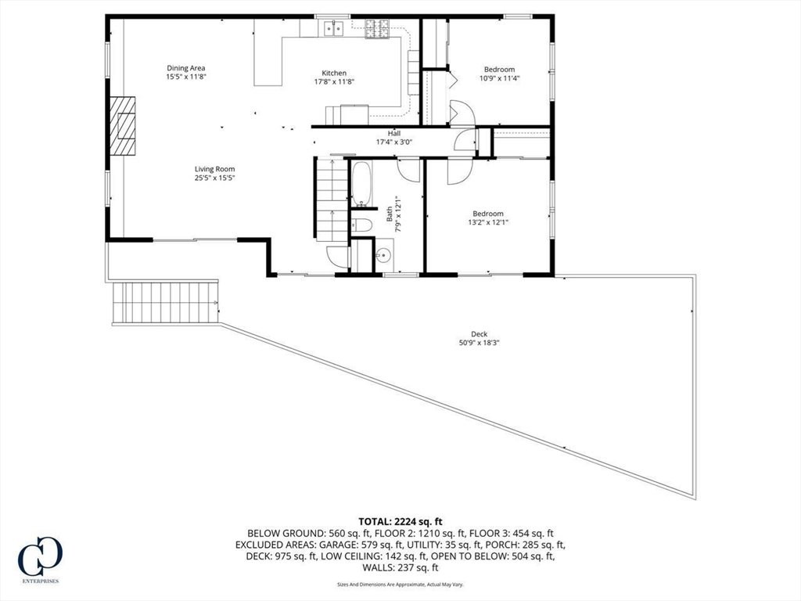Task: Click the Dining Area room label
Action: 186,68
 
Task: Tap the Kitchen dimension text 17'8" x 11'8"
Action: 334,81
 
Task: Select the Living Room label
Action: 214,169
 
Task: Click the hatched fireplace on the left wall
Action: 123,125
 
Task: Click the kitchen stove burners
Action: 377,29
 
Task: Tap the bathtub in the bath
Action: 362,183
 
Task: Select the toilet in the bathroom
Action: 361,226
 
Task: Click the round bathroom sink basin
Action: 383,254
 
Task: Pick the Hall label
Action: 394,133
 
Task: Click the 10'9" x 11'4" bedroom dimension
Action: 499,78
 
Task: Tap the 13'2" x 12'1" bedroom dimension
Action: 488,222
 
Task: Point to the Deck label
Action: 479,334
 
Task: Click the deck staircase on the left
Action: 166,302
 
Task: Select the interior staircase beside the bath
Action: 332,200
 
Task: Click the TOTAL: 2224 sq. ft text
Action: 400,522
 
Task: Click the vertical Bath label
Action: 390,213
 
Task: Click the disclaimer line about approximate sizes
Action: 400,584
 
